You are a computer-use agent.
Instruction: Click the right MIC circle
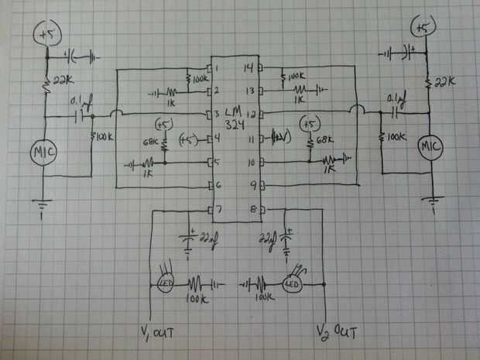coord(429,147)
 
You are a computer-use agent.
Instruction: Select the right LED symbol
coord(294,284)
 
